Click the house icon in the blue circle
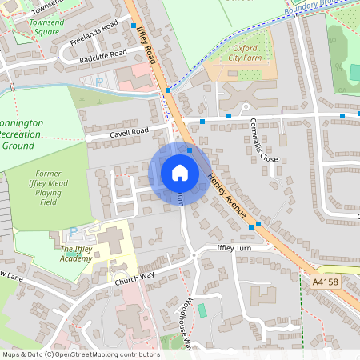coord(179,172)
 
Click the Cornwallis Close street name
coord(263,139)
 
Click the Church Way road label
coord(134,279)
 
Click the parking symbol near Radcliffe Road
coord(98,81)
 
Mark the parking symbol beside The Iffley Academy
coord(74,233)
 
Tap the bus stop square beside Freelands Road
coord(133,26)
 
